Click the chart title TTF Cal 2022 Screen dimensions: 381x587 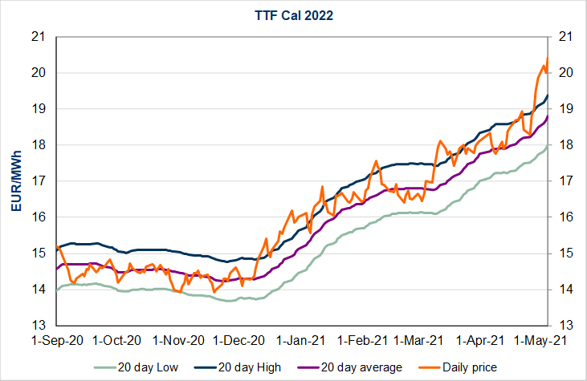294,14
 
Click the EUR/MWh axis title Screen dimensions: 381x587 17,180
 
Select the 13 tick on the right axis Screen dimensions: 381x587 564,325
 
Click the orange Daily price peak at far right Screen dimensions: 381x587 546,59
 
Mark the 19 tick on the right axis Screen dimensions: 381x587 564,109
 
